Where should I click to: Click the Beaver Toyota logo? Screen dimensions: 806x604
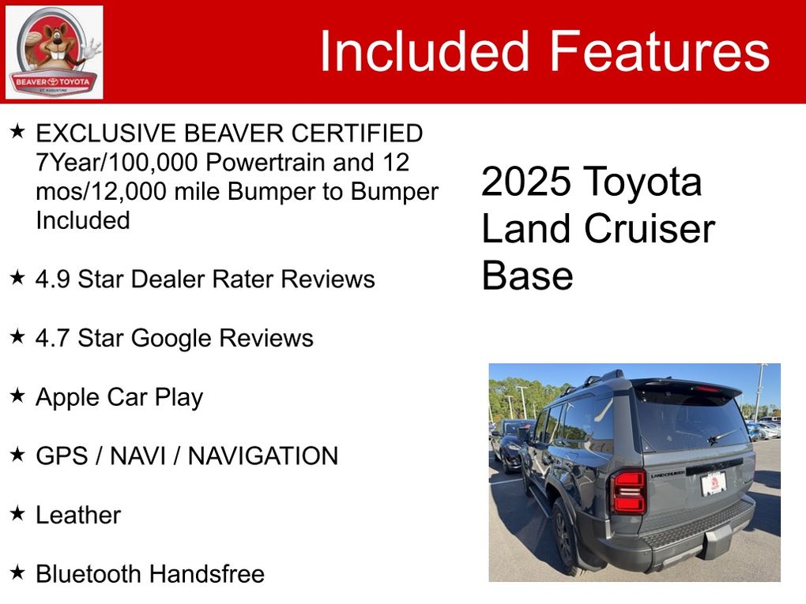pos(54,52)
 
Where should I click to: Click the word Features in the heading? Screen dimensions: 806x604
pos(660,51)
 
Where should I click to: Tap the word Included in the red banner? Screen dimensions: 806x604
pos(424,51)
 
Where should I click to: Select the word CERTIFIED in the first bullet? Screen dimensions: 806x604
pos(357,133)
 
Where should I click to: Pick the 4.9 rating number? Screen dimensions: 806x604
pos(52,279)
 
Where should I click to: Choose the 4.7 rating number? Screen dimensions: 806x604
pos(52,339)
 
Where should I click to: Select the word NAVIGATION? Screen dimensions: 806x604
pos(263,456)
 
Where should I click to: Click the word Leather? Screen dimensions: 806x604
pos(78,515)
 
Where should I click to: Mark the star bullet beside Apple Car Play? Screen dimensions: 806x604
pos(17,395)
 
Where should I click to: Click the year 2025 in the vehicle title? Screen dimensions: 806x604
pos(526,182)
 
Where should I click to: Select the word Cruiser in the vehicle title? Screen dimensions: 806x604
pos(650,229)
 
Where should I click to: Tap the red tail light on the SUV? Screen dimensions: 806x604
pos(628,492)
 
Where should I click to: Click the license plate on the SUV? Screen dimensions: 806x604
pos(714,483)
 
